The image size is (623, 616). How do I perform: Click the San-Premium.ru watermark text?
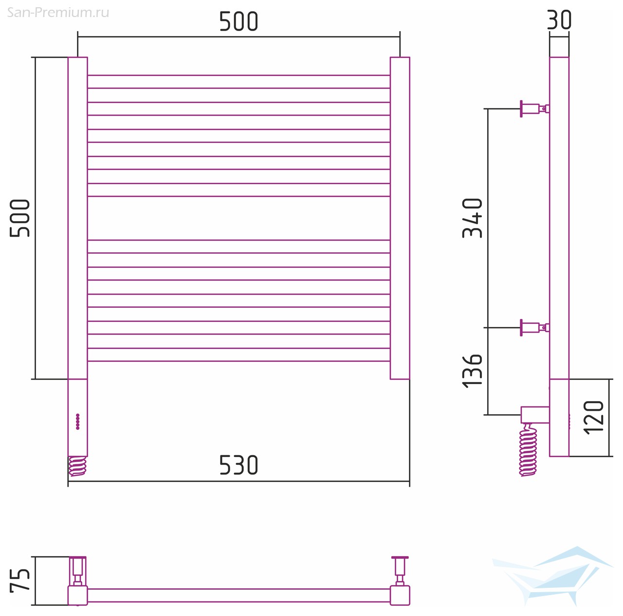point(58,13)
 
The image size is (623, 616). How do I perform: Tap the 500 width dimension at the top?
point(238,22)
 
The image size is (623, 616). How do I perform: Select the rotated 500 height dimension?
point(20,218)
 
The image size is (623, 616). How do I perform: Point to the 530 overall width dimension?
point(238,465)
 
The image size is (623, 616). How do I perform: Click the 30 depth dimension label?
point(559,20)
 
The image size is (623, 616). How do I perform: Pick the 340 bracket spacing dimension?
point(472,218)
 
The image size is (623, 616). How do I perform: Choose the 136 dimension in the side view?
point(472,371)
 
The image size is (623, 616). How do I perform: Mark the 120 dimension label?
point(593,417)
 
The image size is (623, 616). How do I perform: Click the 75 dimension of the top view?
point(20,581)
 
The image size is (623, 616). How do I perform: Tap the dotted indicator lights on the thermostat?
point(77,422)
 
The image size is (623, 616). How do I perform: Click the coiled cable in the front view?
point(77,466)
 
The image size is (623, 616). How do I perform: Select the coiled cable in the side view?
point(528,450)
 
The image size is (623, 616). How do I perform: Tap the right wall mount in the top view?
point(400,571)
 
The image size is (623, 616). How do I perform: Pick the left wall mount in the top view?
point(77,571)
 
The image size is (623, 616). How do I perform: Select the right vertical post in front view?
point(400,218)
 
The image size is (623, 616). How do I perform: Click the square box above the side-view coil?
point(535,415)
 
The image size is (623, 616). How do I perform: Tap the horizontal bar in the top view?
point(238,595)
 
